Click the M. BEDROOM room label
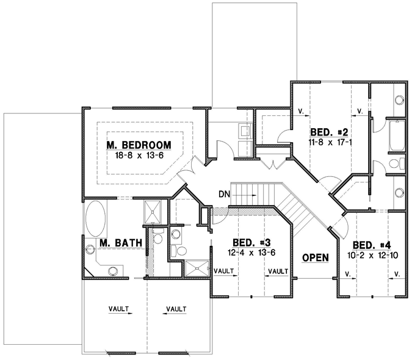tap(138, 145)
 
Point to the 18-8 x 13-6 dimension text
tap(138, 156)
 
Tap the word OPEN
tap(316, 257)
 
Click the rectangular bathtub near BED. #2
tap(397, 135)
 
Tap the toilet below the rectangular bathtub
tap(396, 164)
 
